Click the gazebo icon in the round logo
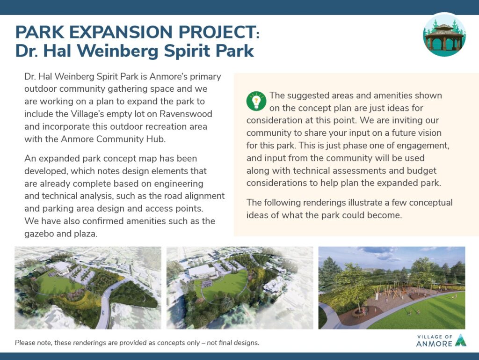click(444, 37)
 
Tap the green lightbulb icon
click(256, 101)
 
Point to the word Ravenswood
click(186, 114)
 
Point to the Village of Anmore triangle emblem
click(460, 340)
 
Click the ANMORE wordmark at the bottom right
click(434, 344)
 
